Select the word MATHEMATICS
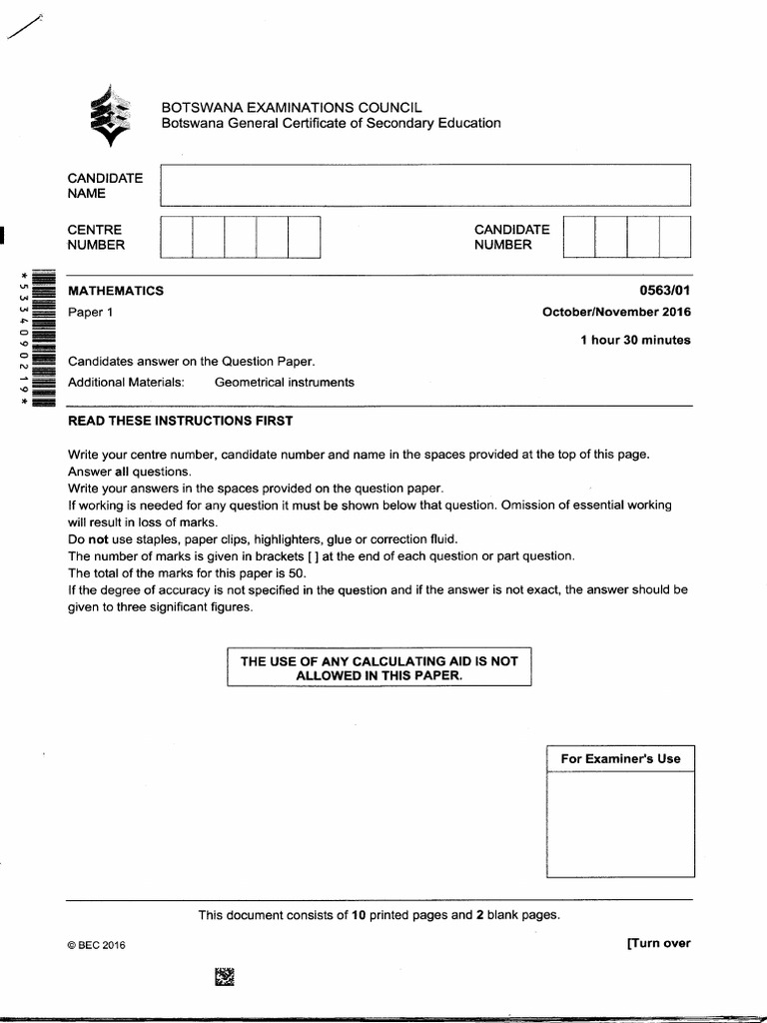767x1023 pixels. [x=115, y=291]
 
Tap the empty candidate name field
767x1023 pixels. [x=424, y=185]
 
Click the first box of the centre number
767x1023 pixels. [x=176, y=237]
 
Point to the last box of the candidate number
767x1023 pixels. [x=675, y=237]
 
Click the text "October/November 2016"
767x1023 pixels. [x=616, y=312]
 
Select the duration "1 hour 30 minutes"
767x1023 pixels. [x=635, y=340]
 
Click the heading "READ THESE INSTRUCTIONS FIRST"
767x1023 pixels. [x=180, y=421]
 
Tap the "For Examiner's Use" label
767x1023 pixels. [x=620, y=758]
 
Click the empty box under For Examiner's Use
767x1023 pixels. [x=620, y=824]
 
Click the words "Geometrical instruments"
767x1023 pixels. [x=284, y=382]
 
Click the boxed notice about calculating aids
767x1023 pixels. [x=380, y=668]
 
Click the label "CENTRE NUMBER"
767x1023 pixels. [x=96, y=237]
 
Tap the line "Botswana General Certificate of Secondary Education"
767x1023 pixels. [x=332, y=123]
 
